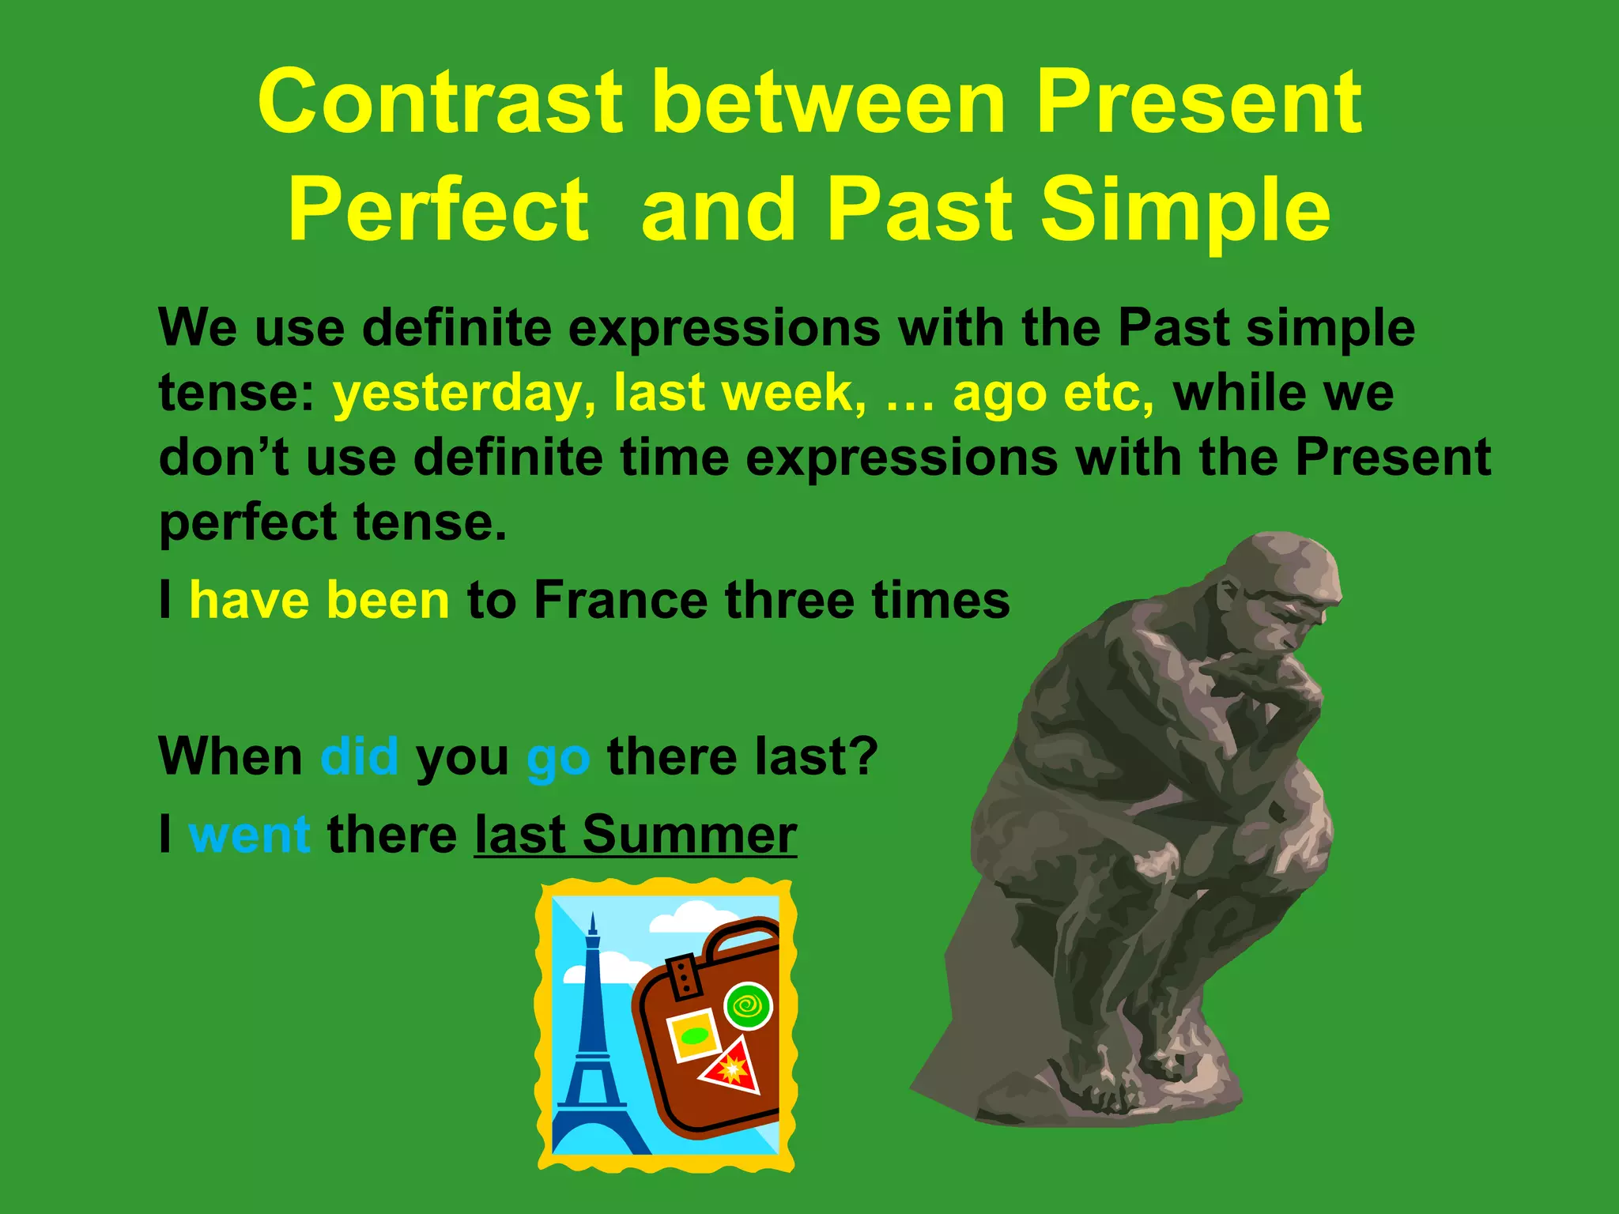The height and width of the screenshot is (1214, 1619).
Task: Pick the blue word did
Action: pyautogui.click(x=359, y=756)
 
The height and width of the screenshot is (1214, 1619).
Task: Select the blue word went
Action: pyautogui.click(x=249, y=835)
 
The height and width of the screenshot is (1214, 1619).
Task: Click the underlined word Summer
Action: pyautogui.click(x=689, y=835)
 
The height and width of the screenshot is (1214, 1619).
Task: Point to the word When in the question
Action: pyautogui.click(x=231, y=756)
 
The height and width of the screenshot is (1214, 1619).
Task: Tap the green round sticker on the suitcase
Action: pyautogui.click(x=748, y=1006)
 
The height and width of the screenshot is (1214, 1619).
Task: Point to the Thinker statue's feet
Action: pyautogui.click(x=1107, y=1083)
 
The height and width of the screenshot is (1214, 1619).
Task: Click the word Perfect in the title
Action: pyautogui.click(x=438, y=209)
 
